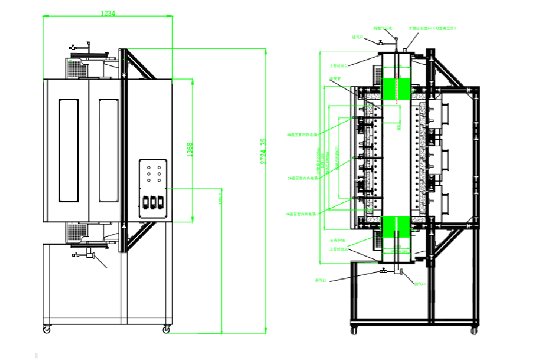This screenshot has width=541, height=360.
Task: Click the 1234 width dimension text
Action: pos(108,14)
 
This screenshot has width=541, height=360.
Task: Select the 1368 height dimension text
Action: pos(190,150)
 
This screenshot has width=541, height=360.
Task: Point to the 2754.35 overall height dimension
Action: pos(263,151)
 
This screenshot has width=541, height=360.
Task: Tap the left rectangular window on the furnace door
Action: pos(69,150)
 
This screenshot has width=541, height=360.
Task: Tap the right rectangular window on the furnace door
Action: pos(109,150)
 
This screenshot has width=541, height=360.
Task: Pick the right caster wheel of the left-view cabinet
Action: pos(166,328)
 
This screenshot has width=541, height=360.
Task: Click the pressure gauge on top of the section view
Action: pos(396,39)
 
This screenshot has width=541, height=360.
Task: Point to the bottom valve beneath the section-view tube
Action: pos(384,270)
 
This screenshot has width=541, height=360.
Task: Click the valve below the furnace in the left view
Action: pos(87,255)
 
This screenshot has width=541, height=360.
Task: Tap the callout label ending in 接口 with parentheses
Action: pos(433,28)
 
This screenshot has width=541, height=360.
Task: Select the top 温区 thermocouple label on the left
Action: pos(301,134)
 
